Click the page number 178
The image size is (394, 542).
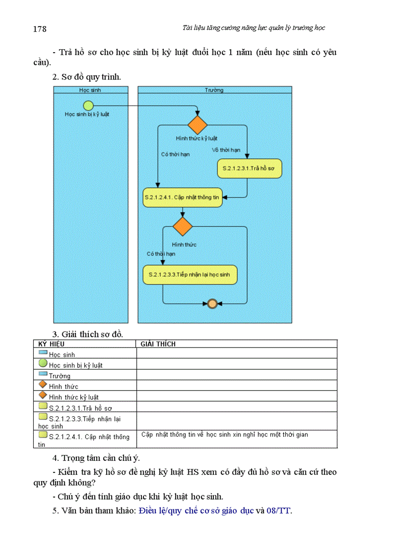click(40, 29)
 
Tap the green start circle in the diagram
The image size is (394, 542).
click(88, 105)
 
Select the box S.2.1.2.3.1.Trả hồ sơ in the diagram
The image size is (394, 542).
click(249, 168)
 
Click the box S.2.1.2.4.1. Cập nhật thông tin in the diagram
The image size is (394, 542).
click(183, 197)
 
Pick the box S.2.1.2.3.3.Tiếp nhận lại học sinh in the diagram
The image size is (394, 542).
click(190, 275)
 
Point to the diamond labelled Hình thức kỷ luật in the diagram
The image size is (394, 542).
click(197, 125)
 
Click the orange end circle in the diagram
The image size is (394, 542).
click(211, 304)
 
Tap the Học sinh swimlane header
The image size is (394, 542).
click(90, 90)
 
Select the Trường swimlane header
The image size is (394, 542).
click(214, 90)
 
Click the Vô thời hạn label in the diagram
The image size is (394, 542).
click(226, 150)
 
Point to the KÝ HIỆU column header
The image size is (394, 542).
click(52, 344)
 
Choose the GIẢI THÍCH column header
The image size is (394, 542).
click(158, 344)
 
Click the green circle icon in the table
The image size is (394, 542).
click(43, 364)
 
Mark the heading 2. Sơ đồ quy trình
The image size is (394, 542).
click(86, 77)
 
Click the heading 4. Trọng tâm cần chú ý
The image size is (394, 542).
click(96, 458)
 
